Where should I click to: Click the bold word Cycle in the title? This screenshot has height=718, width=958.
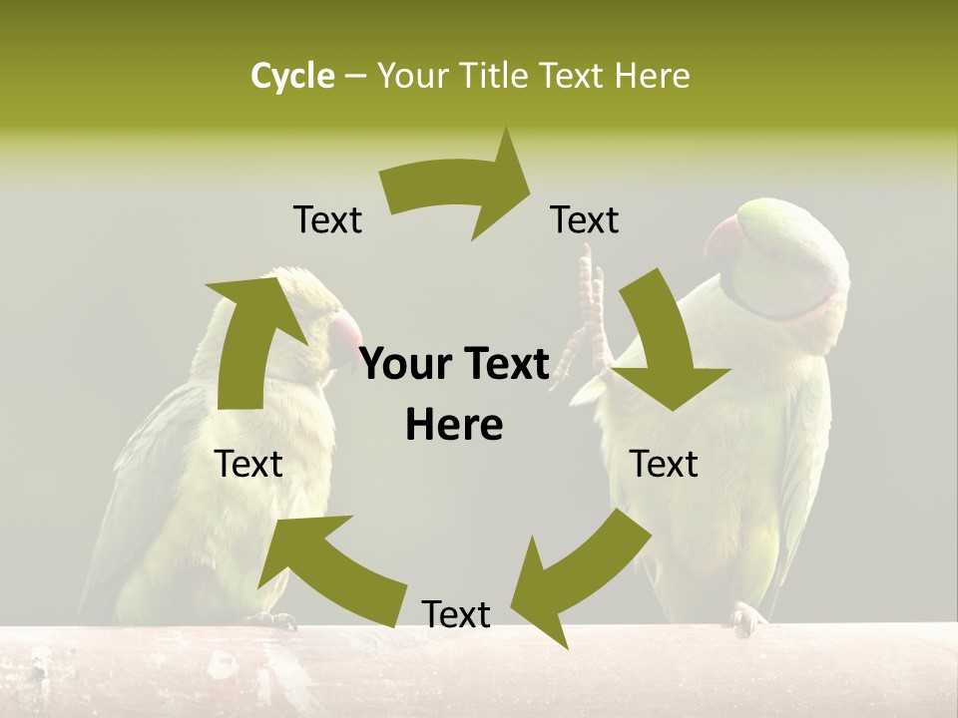tap(292, 76)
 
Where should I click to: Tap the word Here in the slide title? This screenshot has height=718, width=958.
tap(651, 76)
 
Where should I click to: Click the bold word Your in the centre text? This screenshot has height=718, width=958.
tap(403, 365)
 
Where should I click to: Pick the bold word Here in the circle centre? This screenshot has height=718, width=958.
tap(454, 425)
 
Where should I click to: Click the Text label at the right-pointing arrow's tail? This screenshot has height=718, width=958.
tap(327, 219)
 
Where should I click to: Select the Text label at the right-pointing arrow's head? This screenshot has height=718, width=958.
tap(585, 219)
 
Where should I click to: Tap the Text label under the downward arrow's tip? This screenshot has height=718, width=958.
tap(665, 464)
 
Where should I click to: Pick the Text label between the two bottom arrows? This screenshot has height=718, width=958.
tap(456, 614)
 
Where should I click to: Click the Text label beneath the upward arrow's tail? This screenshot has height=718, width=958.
tap(248, 464)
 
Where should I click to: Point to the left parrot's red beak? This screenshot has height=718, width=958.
tap(345, 329)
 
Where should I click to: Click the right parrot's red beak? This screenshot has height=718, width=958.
tap(724, 238)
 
